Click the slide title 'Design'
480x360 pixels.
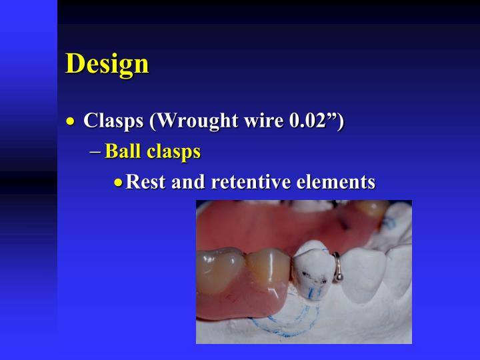click(x=107, y=63)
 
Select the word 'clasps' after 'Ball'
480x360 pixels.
click(x=173, y=152)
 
